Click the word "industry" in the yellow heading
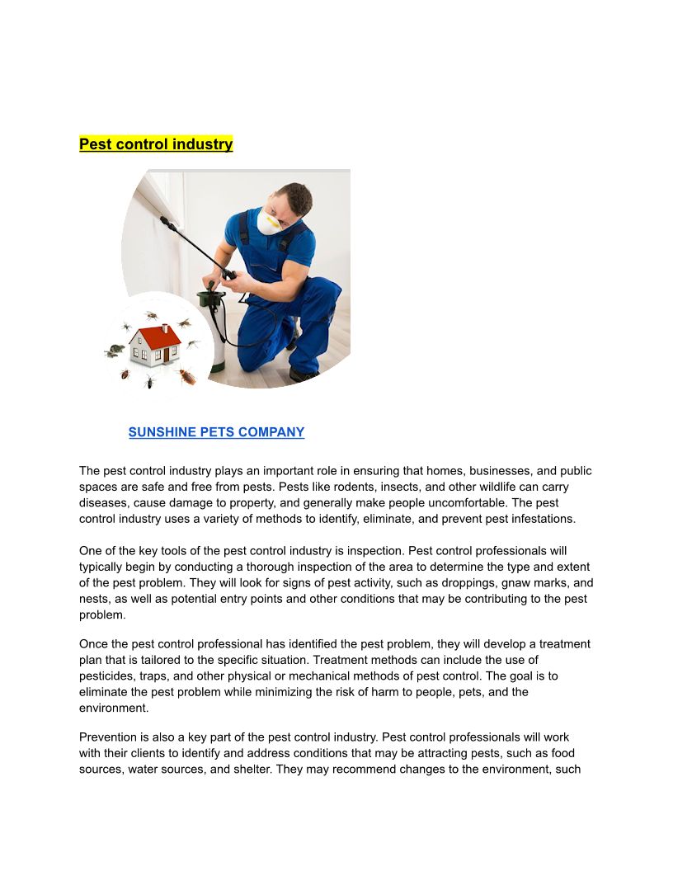click(x=202, y=144)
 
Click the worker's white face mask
click(x=269, y=220)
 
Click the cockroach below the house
click(x=188, y=376)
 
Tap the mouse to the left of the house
click(x=115, y=350)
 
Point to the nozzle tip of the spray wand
click(x=163, y=220)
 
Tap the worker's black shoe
click(x=304, y=374)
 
